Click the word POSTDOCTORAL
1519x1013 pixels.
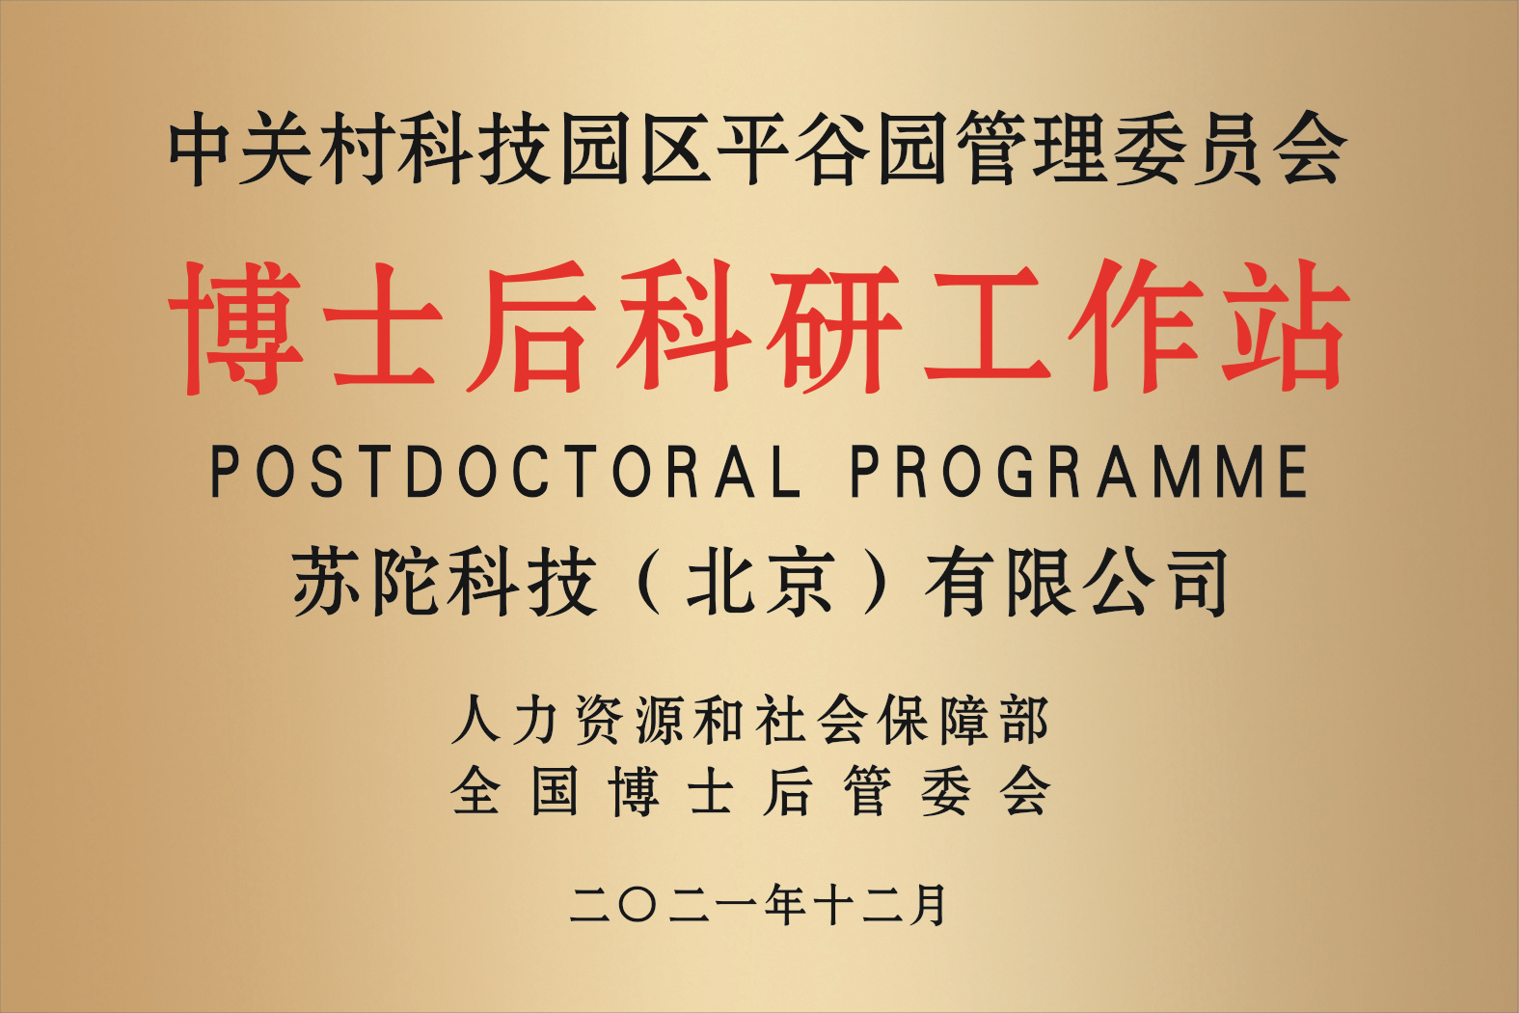tap(505, 471)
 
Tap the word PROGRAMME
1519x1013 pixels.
tap(1079, 471)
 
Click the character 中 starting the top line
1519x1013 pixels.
tap(198, 148)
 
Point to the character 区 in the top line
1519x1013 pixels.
tap(675, 148)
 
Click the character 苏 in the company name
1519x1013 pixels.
tap(329, 582)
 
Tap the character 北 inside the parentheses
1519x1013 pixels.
tap(720, 582)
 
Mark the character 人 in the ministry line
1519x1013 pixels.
tap(476, 719)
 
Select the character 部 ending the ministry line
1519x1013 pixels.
tap(1024, 719)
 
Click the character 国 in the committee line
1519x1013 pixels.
tap(555, 791)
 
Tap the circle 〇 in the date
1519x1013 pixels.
tap(637, 905)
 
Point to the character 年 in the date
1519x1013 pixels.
tap(787, 905)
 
